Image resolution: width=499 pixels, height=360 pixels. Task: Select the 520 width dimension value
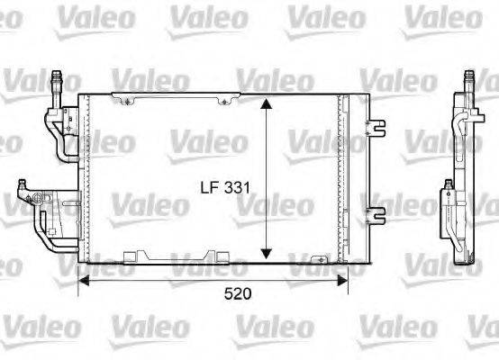point(238,294)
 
